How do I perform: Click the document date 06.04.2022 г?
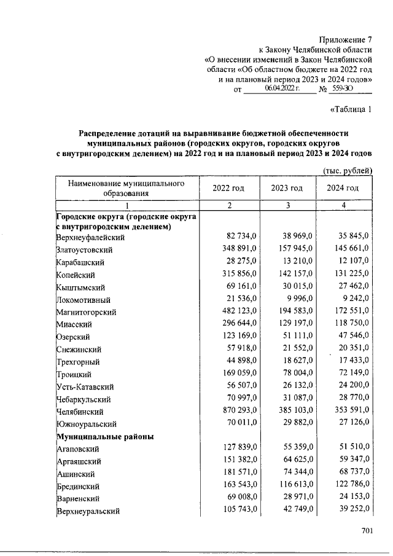point(281,90)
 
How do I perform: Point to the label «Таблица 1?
point(351,111)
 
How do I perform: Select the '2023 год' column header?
point(287,188)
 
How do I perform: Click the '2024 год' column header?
point(343,188)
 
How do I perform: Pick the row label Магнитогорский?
point(86,313)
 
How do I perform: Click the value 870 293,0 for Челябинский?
point(228,412)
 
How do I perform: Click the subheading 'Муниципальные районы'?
point(104,437)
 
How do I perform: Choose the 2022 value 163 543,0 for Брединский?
point(228,485)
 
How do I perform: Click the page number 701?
point(368,531)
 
